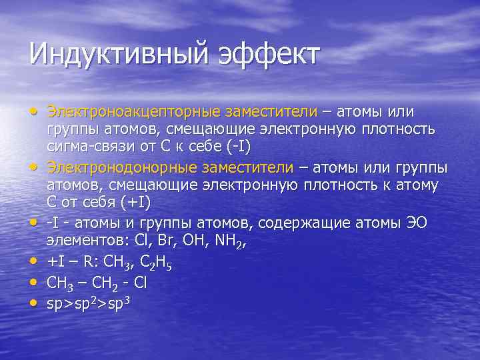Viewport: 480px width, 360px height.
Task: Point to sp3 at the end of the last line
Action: coord(117,303)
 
